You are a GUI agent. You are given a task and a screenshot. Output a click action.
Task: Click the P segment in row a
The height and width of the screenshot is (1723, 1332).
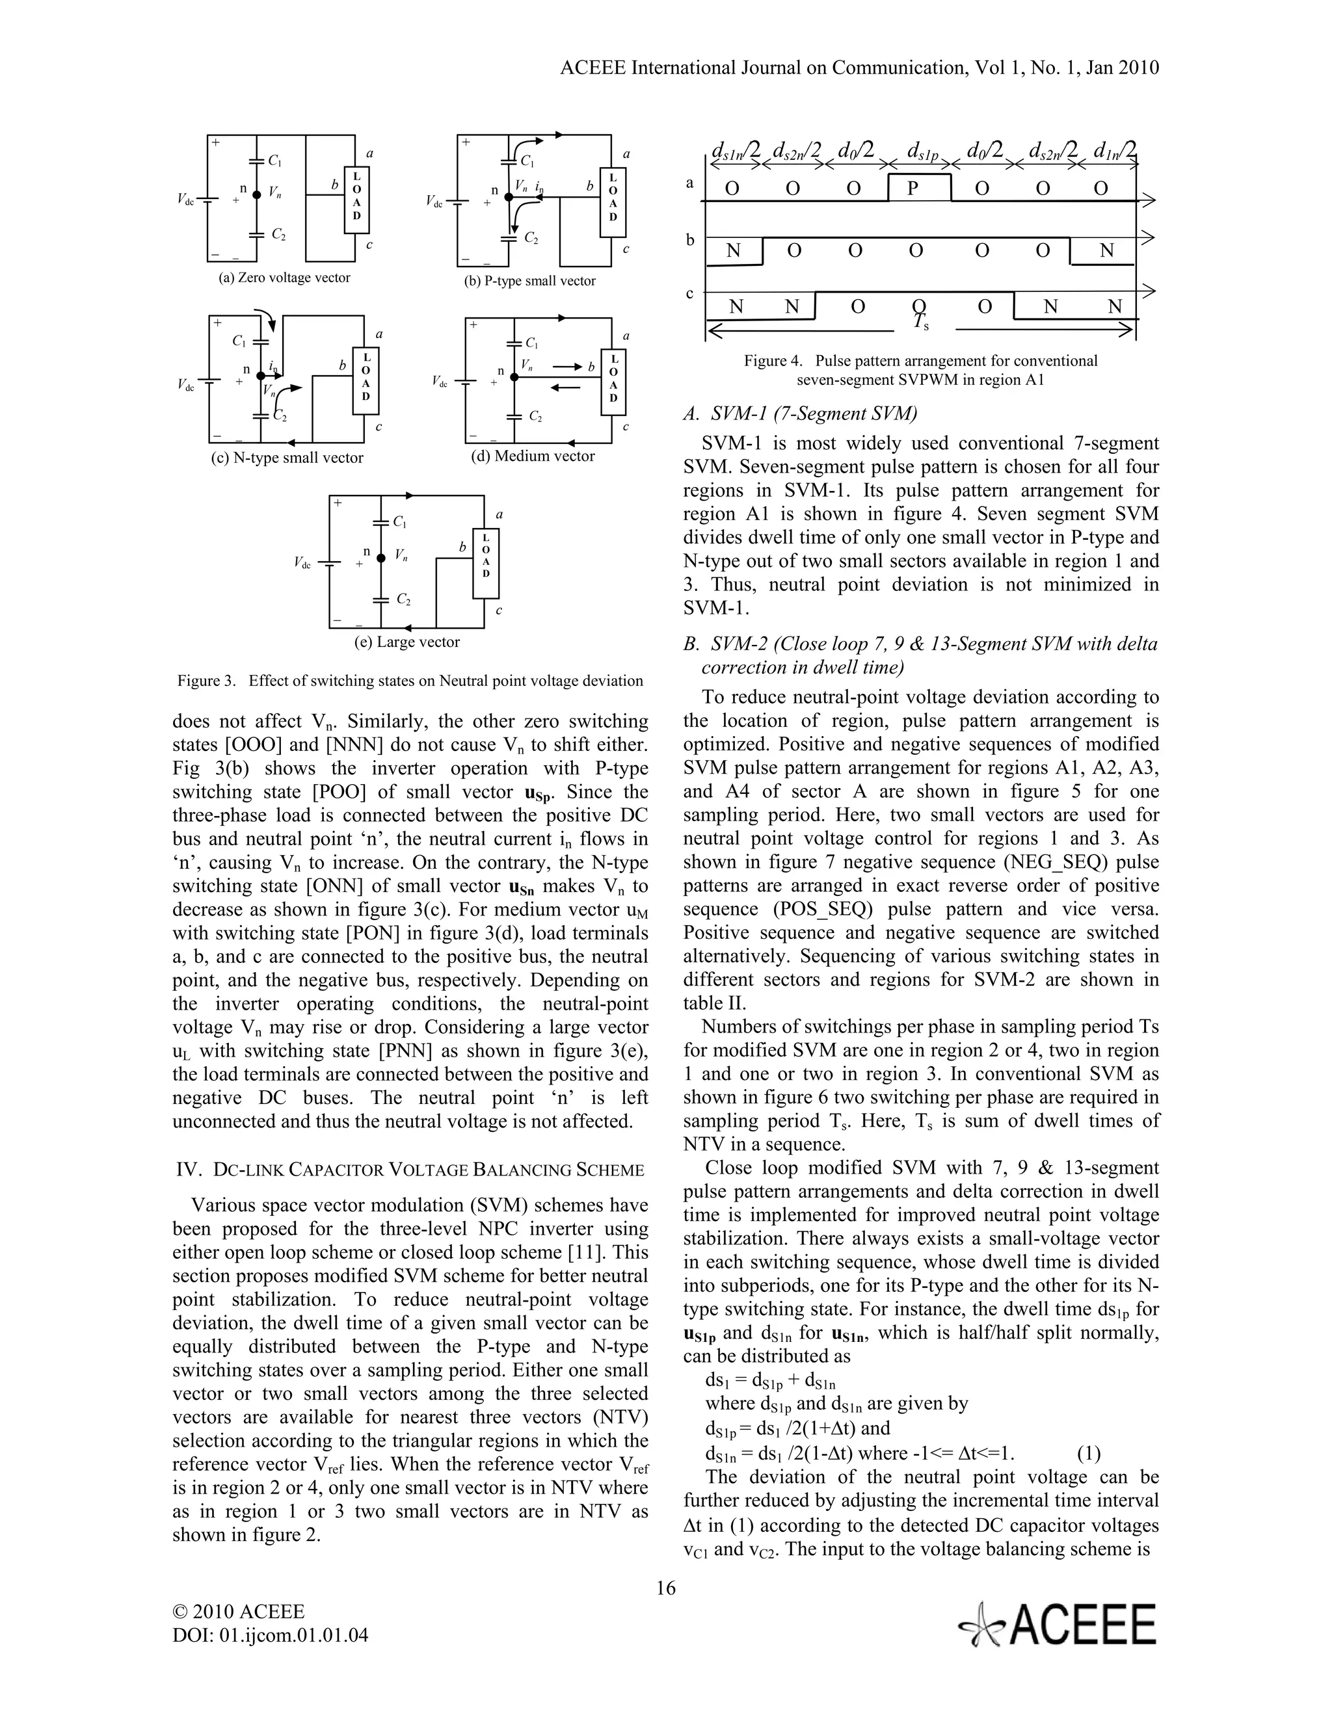(918, 188)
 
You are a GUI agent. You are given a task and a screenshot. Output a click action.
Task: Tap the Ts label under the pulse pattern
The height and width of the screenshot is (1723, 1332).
(920, 322)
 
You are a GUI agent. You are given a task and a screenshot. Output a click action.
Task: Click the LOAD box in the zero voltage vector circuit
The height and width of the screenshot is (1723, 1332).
(356, 199)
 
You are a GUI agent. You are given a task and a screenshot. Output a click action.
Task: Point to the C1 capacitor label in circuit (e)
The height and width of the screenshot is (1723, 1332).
(400, 522)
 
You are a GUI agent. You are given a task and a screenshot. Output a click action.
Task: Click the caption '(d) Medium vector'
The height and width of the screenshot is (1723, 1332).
(533, 456)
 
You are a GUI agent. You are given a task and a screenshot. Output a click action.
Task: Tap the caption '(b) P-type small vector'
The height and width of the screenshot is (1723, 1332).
(529, 281)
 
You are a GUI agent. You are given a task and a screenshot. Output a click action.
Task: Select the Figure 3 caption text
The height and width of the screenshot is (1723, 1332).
(410, 680)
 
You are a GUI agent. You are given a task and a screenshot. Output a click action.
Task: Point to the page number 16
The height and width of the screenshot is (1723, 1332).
(665, 1587)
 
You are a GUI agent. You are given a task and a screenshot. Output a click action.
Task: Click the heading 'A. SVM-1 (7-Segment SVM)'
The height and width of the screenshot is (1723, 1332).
(800, 414)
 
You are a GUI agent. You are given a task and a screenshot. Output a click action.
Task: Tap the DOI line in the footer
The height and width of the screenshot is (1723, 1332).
(271, 1635)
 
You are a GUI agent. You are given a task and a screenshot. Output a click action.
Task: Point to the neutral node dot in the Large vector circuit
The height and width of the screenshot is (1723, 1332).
(380, 558)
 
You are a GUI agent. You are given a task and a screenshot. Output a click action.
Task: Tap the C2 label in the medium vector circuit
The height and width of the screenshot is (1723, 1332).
(535, 415)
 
